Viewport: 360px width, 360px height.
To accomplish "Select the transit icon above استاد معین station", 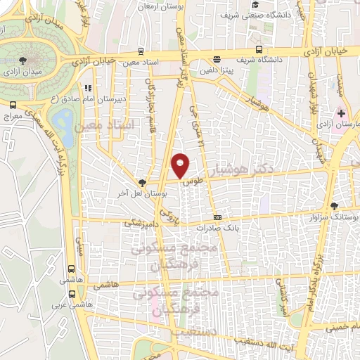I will (x=142, y=51).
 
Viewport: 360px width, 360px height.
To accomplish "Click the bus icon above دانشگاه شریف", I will (x=259, y=50).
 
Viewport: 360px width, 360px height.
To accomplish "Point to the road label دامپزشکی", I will (x=138, y=222).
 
